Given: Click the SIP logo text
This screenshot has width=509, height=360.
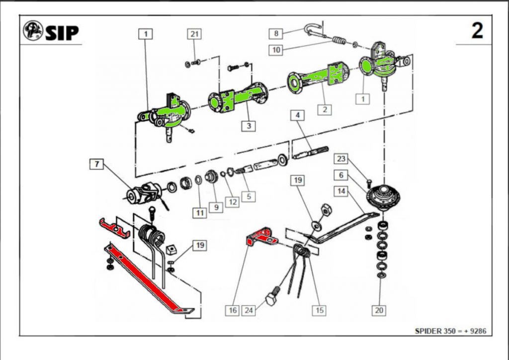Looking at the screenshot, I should tap(62, 32).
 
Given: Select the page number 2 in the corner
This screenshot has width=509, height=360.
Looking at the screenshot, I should tap(477, 31).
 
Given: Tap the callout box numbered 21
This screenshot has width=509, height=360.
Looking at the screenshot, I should tap(195, 34).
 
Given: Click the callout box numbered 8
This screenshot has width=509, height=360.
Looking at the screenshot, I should tap(276, 34).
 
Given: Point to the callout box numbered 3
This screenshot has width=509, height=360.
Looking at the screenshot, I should tap(249, 126).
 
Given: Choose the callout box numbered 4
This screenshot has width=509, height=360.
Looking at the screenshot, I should tap(298, 116).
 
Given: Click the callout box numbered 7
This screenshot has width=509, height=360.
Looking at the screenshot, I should tap(96, 163).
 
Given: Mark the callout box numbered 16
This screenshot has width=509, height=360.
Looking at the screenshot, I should tap(233, 310).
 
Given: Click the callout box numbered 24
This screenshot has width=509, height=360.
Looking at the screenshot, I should tap(249, 310).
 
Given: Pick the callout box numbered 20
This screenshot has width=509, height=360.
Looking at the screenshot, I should tap(379, 310).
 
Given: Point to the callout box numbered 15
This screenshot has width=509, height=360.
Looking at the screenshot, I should tap(319, 310).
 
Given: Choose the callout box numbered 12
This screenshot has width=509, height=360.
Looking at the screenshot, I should tap(231, 202).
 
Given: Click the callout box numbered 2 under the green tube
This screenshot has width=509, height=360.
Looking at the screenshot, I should tap(324, 109).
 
